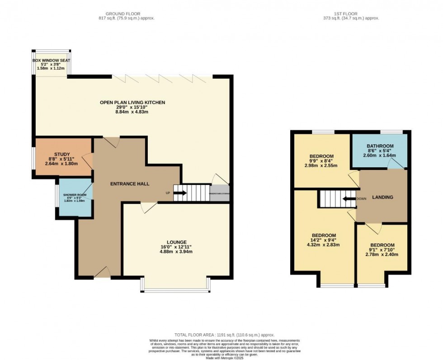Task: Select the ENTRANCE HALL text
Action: (130, 184)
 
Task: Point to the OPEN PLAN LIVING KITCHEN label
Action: (132, 103)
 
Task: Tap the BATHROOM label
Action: (380, 146)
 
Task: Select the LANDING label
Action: (382, 197)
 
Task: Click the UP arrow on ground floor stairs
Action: (179, 193)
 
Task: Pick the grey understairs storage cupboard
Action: (220, 193)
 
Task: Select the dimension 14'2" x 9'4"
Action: (324, 240)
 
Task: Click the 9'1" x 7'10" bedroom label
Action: (382, 250)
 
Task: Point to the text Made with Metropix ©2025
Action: (221, 358)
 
